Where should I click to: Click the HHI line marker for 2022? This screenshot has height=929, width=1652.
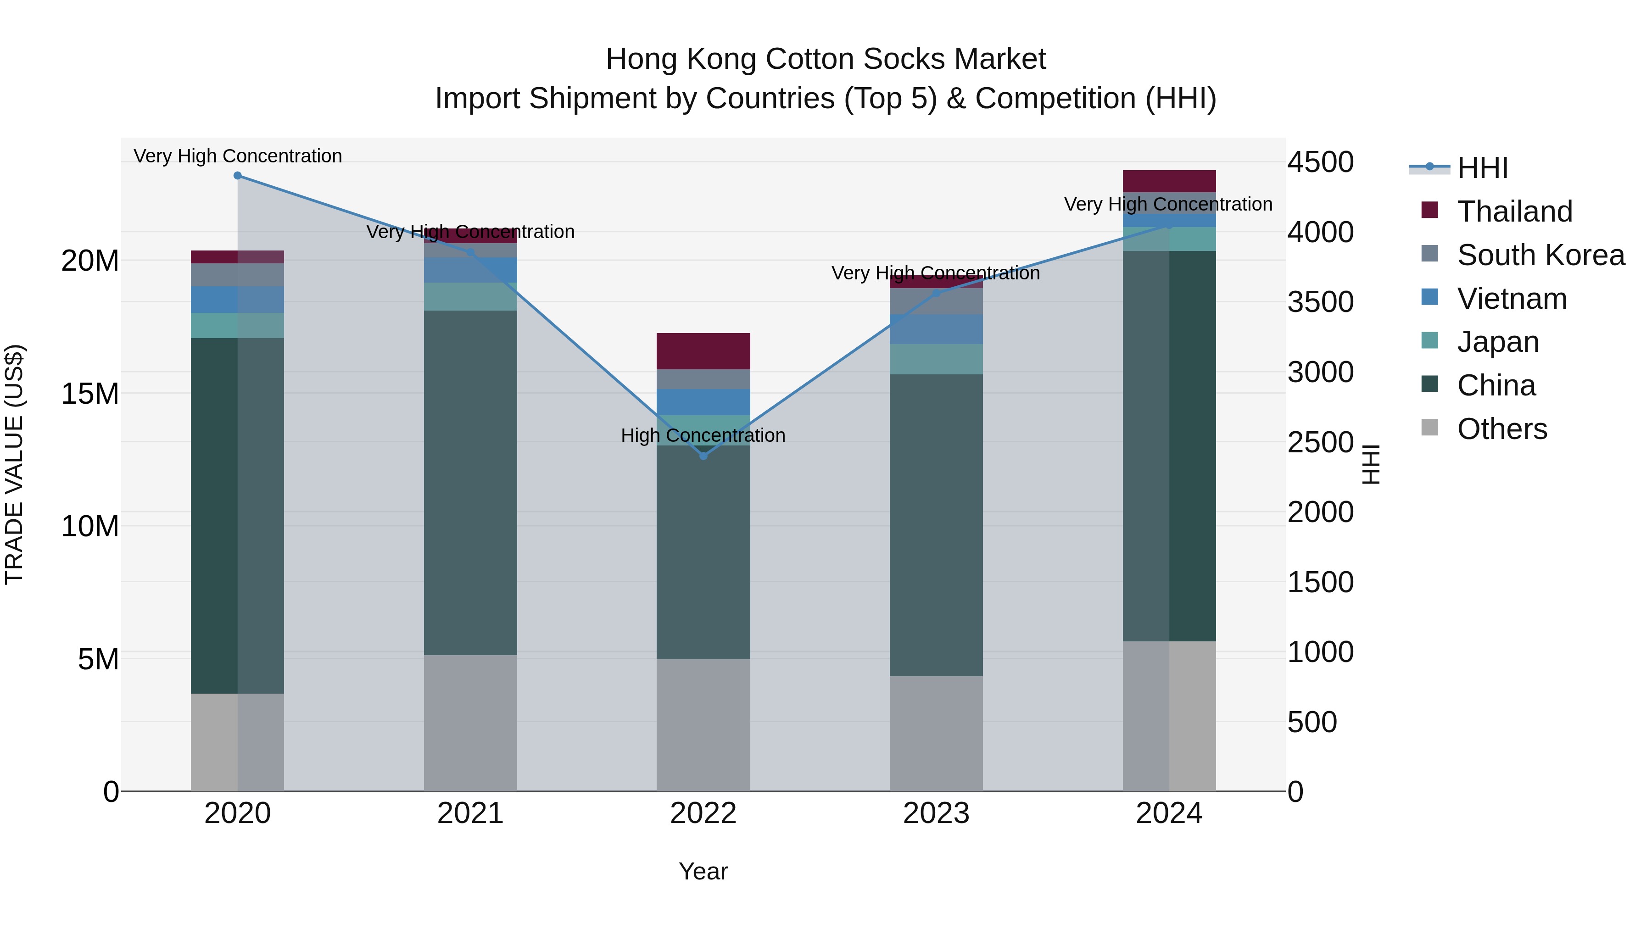[703, 456]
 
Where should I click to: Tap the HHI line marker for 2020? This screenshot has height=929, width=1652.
[237, 176]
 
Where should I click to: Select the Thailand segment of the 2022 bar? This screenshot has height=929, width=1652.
[703, 351]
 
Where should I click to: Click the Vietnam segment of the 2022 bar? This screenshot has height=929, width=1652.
[703, 402]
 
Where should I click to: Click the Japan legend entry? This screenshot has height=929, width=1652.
[1497, 342]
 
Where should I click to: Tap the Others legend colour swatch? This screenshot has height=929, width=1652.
[1429, 428]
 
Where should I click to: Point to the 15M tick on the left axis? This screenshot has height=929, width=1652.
[90, 394]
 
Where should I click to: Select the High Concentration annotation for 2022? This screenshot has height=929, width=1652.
[703, 436]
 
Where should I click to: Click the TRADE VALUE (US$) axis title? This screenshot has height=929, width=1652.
[14, 464]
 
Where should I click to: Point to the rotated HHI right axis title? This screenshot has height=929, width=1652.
[1370, 464]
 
